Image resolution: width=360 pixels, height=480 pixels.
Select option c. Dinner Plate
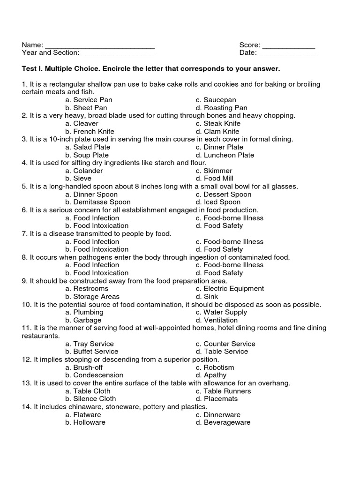219,147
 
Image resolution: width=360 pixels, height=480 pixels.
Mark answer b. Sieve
78,179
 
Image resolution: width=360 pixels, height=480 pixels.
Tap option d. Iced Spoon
217,202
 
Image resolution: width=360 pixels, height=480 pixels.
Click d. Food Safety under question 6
219,225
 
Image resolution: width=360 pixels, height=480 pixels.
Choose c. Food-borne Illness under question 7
230,242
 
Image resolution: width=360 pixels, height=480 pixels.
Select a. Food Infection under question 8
92,265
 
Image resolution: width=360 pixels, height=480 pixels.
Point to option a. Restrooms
87,289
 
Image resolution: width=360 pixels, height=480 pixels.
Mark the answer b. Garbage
83,320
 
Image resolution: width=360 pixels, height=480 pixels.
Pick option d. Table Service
222,352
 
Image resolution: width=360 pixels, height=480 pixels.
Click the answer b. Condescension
94,375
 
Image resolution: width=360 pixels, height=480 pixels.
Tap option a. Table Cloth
88,391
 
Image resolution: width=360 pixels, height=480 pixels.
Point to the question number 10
26,305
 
